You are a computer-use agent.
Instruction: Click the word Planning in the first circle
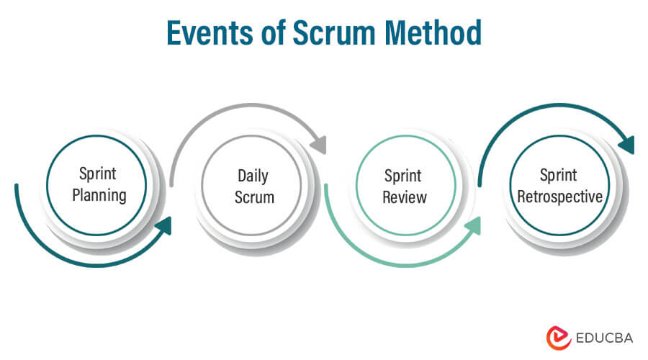click(99, 194)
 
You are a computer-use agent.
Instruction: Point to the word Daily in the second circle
click(254, 175)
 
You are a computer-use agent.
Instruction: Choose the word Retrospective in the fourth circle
click(558, 196)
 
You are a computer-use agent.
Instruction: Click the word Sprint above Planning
click(99, 174)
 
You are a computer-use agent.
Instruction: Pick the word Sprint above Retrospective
click(558, 175)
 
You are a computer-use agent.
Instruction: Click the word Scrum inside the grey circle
click(254, 196)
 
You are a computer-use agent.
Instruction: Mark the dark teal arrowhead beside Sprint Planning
click(164, 226)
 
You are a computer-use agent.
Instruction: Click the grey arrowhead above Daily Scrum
click(318, 144)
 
